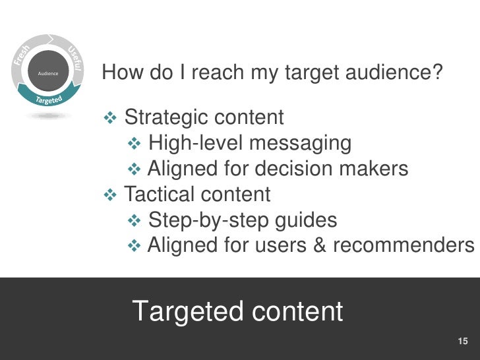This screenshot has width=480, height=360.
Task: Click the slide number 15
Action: (x=462, y=341)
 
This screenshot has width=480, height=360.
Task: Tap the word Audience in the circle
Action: (x=49, y=74)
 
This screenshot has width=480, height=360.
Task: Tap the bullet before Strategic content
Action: (x=110, y=118)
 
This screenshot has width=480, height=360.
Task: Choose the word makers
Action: (x=378, y=169)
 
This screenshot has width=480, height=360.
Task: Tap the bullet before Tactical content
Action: (x=110, y=195)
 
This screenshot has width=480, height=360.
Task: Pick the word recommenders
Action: (x=403, y=245)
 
